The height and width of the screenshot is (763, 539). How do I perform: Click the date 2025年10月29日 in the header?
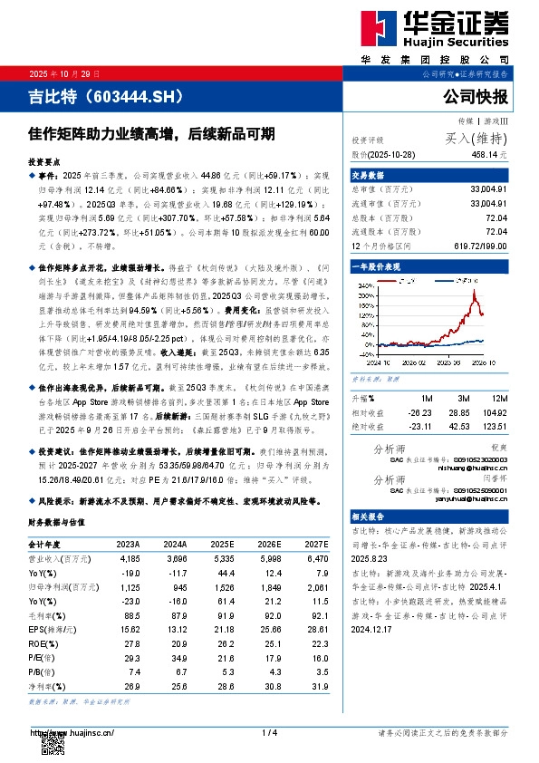pos(64,72)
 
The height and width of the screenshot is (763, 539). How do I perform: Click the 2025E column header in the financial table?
pos(223,544)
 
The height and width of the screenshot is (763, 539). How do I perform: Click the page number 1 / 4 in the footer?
pos(268,732)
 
